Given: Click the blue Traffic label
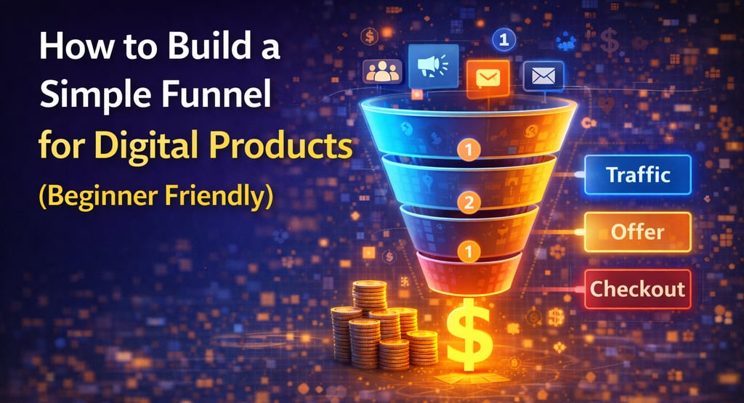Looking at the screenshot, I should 636,175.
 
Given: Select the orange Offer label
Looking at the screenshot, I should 636,232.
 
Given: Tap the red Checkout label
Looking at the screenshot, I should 636,289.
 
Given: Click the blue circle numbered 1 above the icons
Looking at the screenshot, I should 503,39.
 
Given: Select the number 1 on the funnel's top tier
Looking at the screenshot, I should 469,150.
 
